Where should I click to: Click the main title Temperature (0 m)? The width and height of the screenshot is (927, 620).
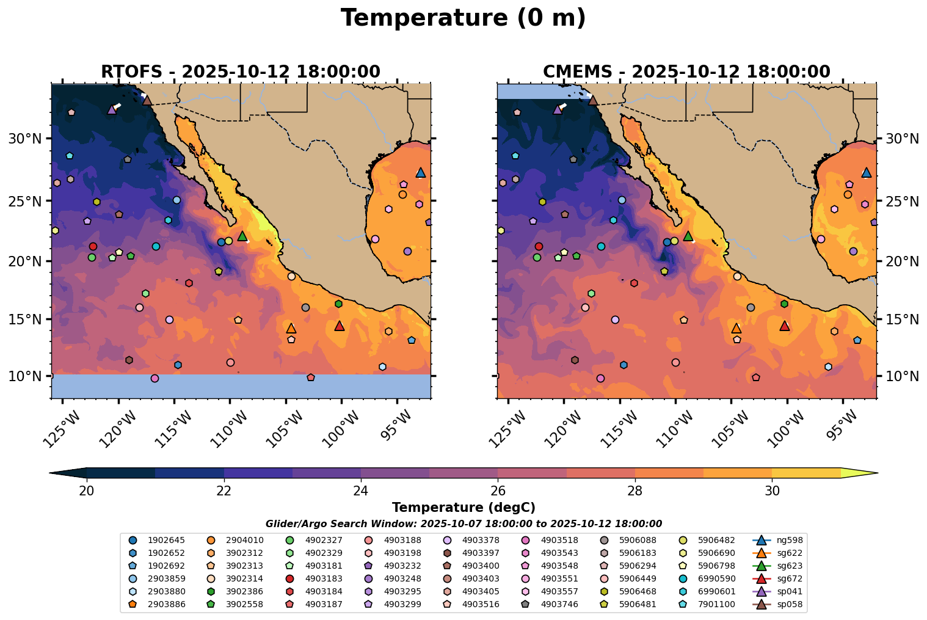[x=463, y=18]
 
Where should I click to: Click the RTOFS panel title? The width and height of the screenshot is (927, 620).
[x=241, y=72]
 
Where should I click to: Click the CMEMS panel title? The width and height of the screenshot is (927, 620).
[x=686, y=72]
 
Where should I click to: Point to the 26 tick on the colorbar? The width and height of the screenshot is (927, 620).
[x=498, y=491]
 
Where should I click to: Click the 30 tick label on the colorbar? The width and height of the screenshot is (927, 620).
[x=772, y=491]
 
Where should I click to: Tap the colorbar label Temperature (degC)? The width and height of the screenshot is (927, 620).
[x=463, y=508]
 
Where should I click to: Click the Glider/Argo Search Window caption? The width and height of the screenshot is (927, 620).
[x=463, y=524]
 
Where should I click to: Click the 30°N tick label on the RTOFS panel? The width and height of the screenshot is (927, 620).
[x=24, y=139]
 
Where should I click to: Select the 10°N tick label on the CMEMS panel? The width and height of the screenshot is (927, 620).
[x=902, y=376]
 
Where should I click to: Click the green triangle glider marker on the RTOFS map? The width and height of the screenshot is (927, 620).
[x=242, y=236]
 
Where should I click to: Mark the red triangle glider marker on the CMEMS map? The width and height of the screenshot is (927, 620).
[x=785, y=326]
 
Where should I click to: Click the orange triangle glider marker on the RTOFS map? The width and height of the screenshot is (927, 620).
[x=291, y=328]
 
